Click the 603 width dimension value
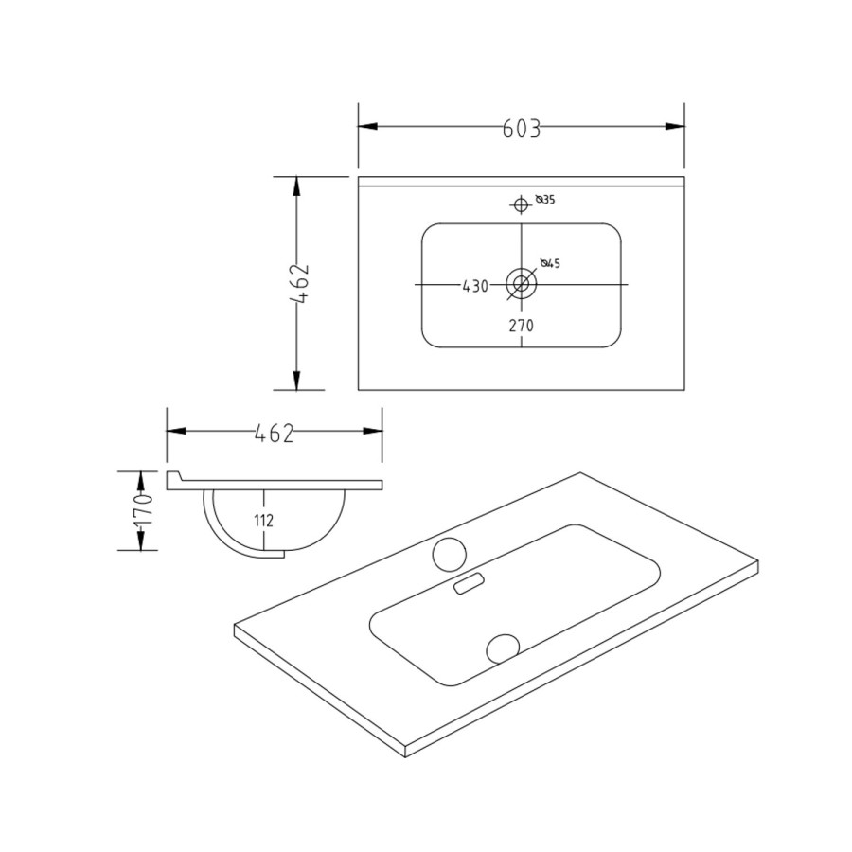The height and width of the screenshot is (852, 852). tap(521, 130)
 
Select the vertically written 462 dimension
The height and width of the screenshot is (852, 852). tap(300, 283)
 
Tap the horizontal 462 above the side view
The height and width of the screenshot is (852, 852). tap(275, 433)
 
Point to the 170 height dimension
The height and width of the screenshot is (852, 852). tap(143, 510)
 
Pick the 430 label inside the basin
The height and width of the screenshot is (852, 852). tap(474, 286)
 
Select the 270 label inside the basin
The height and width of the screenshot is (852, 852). tap(522, 325)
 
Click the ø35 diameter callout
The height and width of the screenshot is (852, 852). tap(544, 200)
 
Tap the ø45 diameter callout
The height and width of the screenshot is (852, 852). tap(550, 263)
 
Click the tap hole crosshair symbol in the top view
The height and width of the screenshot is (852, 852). tap(521, 204)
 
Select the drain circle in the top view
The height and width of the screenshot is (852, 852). tap(521, 282)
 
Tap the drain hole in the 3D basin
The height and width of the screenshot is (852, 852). tap(503, 648)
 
